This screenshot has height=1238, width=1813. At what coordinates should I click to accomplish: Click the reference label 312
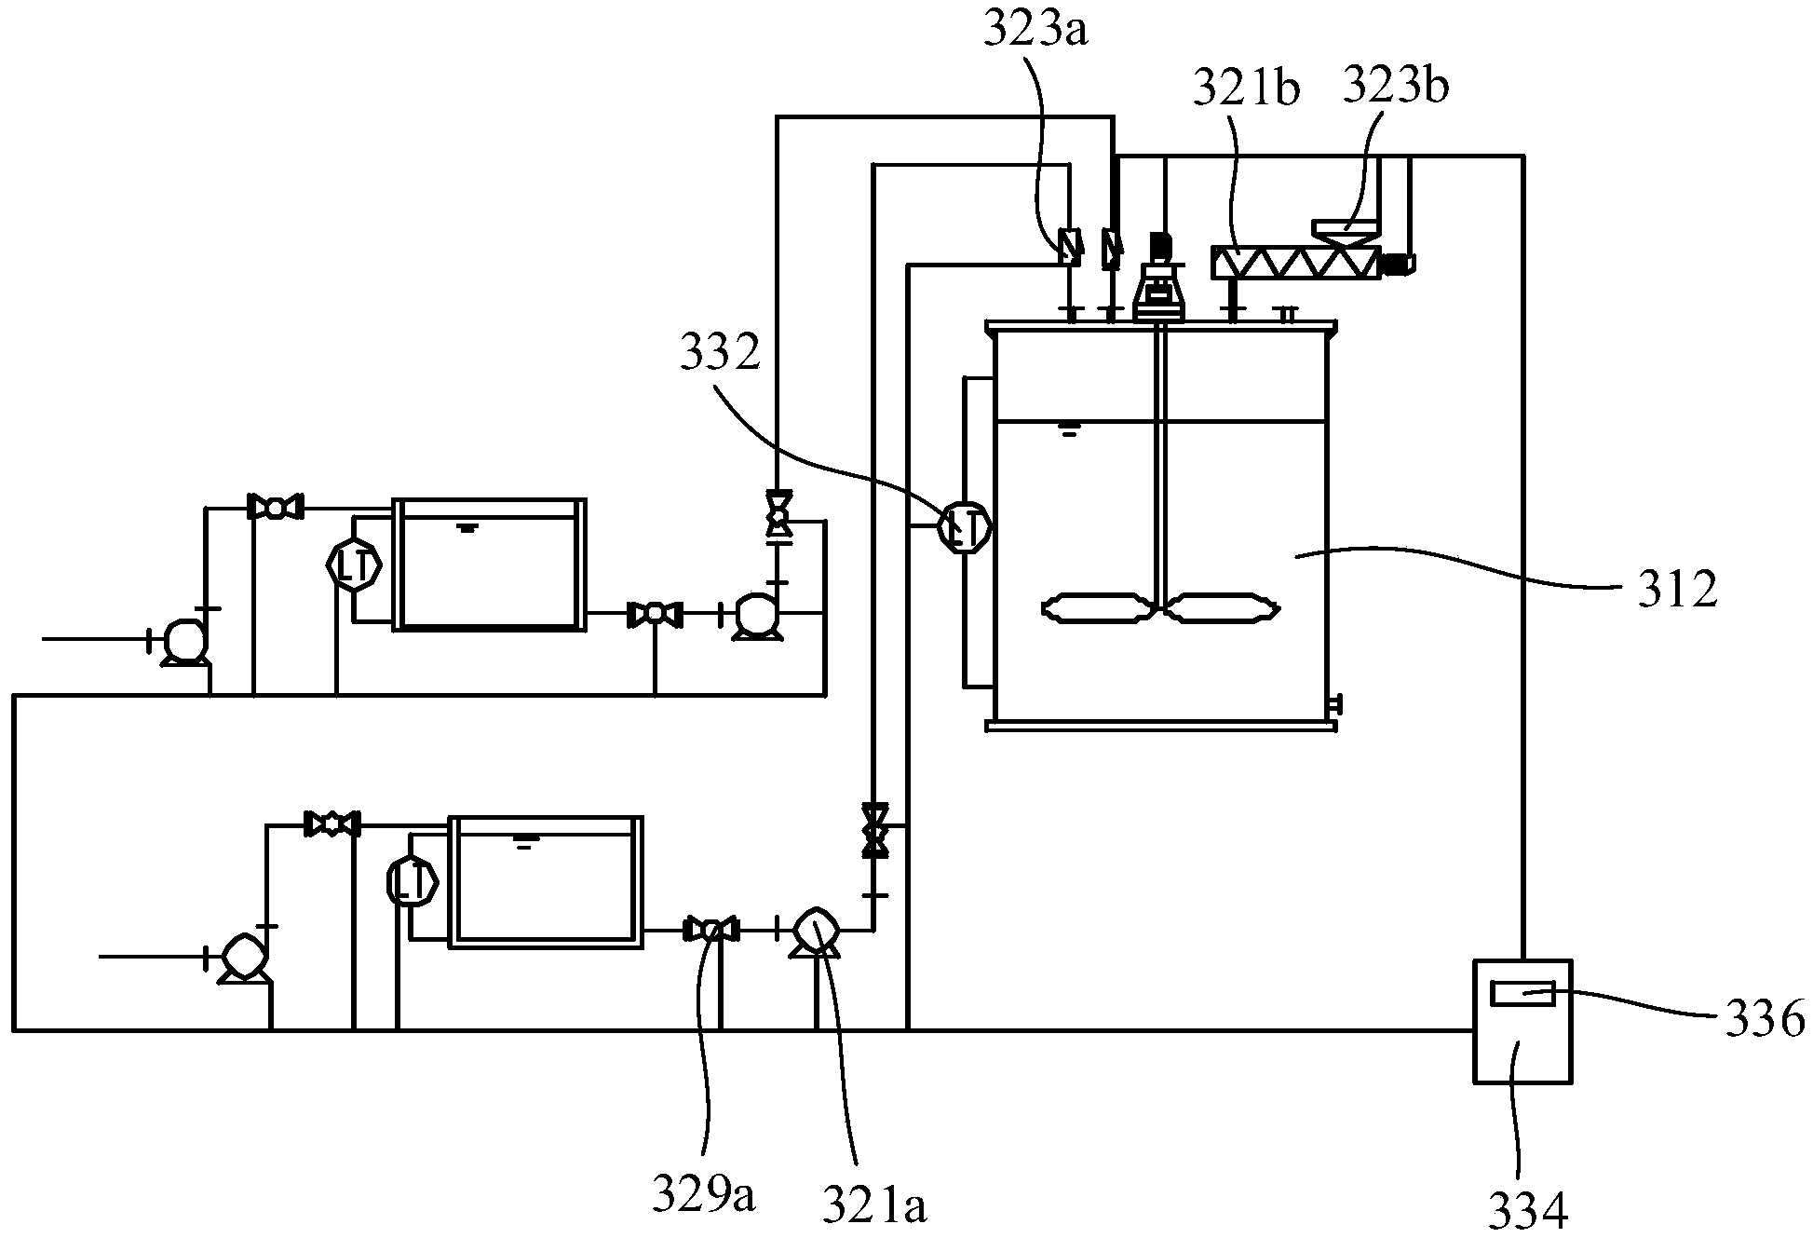1677,591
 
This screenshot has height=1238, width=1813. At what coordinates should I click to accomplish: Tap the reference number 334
1528,1210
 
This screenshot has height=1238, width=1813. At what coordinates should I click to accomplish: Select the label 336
1763,1019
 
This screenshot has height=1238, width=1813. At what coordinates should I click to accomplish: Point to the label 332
720,355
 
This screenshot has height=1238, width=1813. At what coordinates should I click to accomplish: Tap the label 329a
702,1196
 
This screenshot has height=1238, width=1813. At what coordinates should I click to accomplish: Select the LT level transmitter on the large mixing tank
964,528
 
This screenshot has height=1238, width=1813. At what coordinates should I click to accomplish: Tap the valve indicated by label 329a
711,929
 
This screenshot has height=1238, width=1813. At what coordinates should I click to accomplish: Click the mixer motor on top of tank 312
1160,279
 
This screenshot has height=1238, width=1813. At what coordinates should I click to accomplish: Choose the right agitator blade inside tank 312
1221,609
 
